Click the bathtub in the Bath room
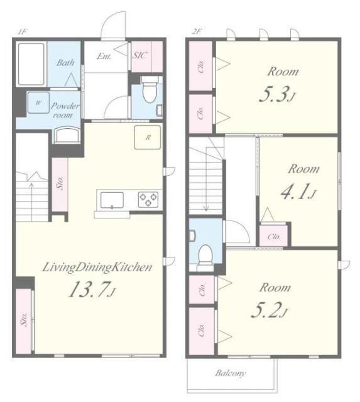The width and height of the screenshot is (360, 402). (31, 64)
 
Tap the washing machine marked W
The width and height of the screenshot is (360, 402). (38, 102)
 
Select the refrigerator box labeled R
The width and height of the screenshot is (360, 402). (148, 137)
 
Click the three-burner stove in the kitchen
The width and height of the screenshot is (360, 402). (148, 199)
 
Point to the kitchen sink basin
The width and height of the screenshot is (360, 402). (112, 200)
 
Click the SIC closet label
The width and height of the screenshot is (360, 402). (139, 55)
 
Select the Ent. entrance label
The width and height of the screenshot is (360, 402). (104, 56)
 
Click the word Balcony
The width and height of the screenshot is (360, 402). (231, 372)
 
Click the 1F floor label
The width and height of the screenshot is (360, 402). (22, 32)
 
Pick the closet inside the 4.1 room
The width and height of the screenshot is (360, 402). (273, 236)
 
